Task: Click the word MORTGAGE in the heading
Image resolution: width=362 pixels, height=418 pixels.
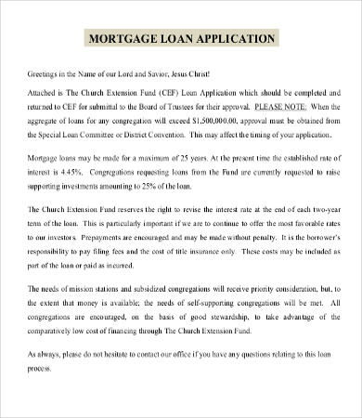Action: [x=118, y=39]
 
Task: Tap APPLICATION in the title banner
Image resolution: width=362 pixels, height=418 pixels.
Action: [x=234, y=39]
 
